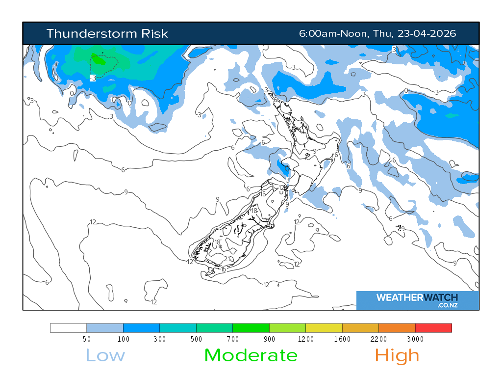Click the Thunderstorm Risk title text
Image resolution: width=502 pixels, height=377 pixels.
[x=107, y=33]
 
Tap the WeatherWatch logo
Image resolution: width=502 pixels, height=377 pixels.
[x=417, y=300]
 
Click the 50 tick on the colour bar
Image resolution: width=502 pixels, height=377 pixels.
[x=87, y=339]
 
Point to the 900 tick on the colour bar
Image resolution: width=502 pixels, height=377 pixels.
[x=269, y=339]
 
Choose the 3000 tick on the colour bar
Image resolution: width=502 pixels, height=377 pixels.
[x=415, y=339]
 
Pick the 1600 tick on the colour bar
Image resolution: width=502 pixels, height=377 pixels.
[x=342, y=339]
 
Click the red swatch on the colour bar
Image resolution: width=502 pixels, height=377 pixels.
[x=433, y=328]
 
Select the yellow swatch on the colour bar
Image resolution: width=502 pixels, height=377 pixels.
[x=324, y=328]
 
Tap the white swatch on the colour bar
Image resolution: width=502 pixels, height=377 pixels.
[x=69, y=328]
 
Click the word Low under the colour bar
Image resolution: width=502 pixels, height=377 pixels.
[x=105, y=355]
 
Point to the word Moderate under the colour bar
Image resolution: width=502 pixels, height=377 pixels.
[x=251, y=355]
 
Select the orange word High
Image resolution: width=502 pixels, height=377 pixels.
[x=397, y=355]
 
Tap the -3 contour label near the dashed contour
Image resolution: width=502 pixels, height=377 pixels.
[x=93, y=78]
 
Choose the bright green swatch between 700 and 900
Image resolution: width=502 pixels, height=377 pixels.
[x=251, y=328]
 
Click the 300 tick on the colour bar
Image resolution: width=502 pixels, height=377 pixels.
[x=160, y=339]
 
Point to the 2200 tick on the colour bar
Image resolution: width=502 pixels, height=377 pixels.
[x=378, y=339]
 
